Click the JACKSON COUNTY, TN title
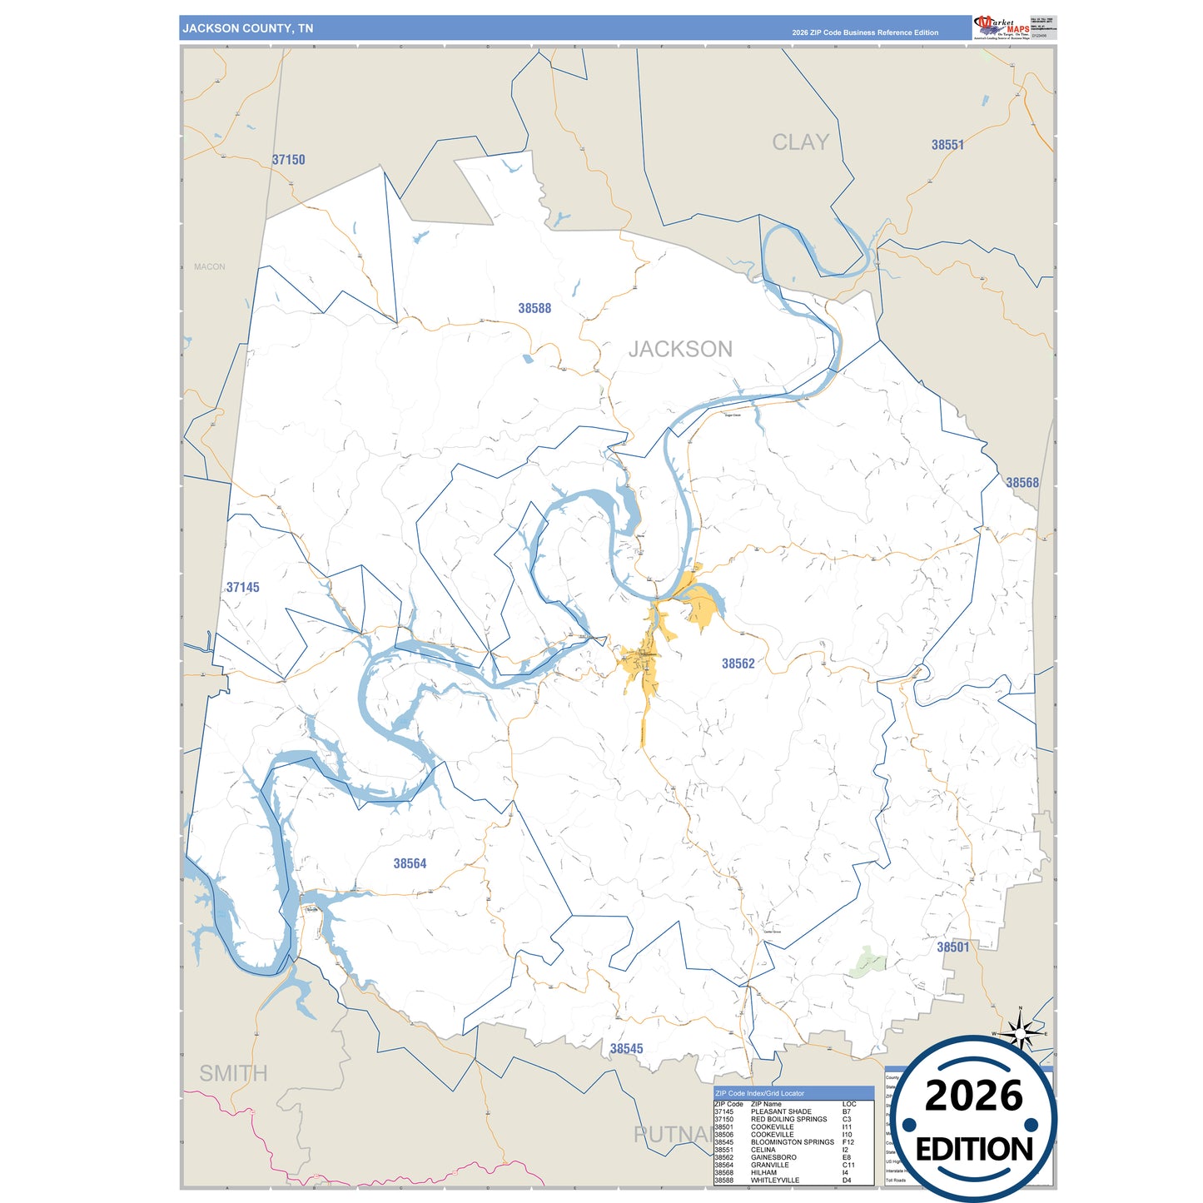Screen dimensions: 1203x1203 (x=248, y=28)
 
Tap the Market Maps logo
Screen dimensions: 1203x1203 (x=1002, y=27)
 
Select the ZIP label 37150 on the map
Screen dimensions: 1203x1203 (x=289, y=160)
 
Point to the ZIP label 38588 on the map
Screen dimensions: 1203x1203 (x=534, y=308)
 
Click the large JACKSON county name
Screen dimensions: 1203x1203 (x=680, y=349)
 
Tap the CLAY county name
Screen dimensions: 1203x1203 (x=800, y=142)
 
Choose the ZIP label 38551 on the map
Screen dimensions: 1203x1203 (x=947, y=145)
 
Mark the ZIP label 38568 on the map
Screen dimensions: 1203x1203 (x=1022, y=483)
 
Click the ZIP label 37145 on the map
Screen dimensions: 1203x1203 (x=243, y=588)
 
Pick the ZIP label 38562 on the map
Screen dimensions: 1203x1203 (x=738, y=664)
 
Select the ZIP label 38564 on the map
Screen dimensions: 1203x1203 (x=410, y=864)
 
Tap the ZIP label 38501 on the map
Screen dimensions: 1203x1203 (x=953, y=947)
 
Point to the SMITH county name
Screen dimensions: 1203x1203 (x=233, y=1074)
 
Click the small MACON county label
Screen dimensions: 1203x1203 (x=210, y=267)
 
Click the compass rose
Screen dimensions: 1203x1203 (x=1020, y=1033)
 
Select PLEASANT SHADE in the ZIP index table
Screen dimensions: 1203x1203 (x=781, y=1112)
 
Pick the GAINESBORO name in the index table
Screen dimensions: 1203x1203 (x=773, y=1157)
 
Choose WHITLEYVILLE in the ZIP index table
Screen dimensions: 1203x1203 (x=775, y=1181)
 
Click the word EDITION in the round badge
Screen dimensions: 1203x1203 (x=974, y=1150)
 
